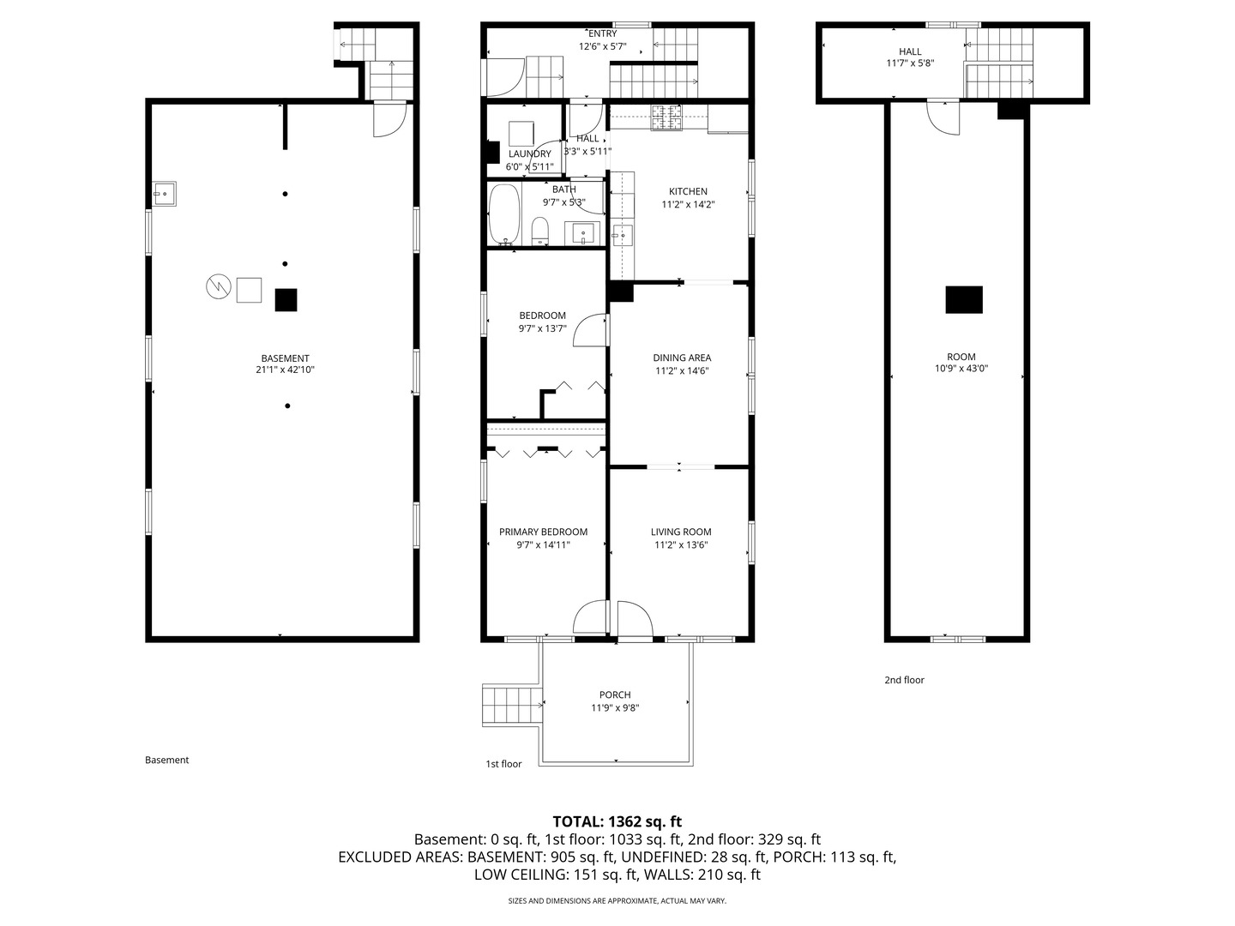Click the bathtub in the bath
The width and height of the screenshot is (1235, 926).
point(503,214)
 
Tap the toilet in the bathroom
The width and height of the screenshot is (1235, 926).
point(539,231)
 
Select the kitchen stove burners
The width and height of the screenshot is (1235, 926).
point(666,118)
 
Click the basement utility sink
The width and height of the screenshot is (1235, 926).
point(165,194)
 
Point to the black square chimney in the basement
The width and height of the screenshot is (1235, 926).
point(286,300)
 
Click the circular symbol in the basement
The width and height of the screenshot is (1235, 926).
point(219,286)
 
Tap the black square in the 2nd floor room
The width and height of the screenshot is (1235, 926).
point(964,300)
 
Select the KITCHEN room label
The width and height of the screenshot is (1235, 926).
point(688,191)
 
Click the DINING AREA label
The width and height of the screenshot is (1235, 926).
point(682,358)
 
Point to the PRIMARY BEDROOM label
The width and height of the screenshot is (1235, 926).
point(544,532)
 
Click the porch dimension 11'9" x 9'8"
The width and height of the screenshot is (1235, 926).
point(615,708)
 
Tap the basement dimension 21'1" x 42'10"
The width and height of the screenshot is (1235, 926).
point(286,370)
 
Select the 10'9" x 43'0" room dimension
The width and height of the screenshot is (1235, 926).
point(961,369)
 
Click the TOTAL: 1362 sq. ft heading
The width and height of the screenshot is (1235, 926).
point(617,822)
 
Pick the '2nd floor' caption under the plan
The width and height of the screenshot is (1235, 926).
point(904,680)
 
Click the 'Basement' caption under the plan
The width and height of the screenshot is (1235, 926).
point(167,761)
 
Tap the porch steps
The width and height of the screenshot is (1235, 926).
point(512,705)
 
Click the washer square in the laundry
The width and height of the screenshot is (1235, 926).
point(521,134)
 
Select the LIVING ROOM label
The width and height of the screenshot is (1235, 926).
point(681,532)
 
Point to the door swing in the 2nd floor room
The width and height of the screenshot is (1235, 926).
point(943,118)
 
